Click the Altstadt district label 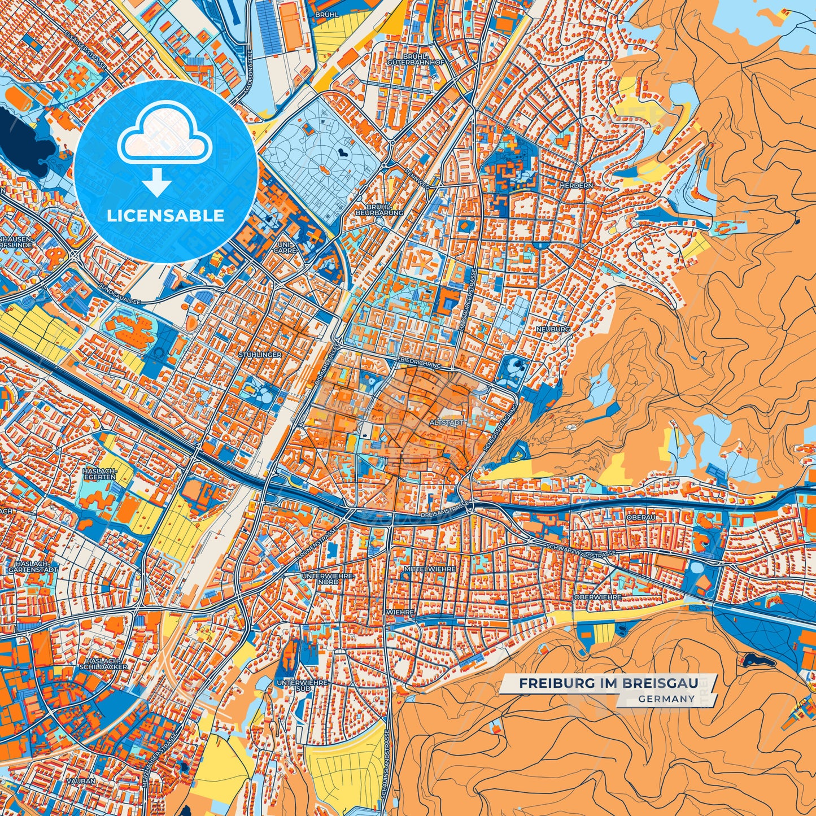pos(447,422)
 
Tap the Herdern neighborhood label pos(576,185)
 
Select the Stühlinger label pos(260,355)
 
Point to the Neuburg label pos(553,329)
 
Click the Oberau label pos(641,517)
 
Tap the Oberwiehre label pos(597,597)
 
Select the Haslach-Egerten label pos(99,473)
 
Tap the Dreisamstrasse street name pos(446,515)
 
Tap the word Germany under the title pos(667,699)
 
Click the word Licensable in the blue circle pos(166,216)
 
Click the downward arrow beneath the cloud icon pos(156,184)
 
